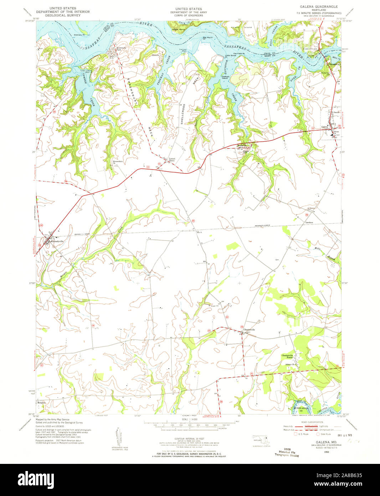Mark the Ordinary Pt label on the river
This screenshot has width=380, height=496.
79,35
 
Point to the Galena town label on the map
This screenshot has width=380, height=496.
324,127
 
